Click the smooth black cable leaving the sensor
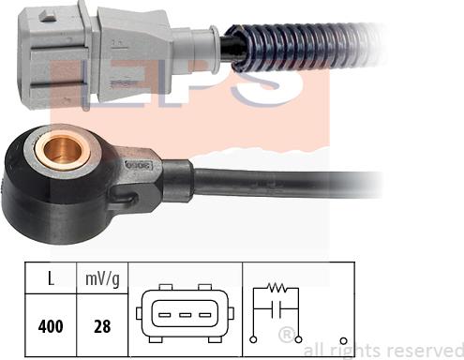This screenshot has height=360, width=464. [x=281, y=180]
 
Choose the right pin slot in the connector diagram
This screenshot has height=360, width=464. [x=206, y=314]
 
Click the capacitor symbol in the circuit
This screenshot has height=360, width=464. [x=277, y=308]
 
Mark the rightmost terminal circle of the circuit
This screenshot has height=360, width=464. [x=347, y=340]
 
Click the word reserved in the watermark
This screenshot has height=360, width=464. [x=421, y=349]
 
